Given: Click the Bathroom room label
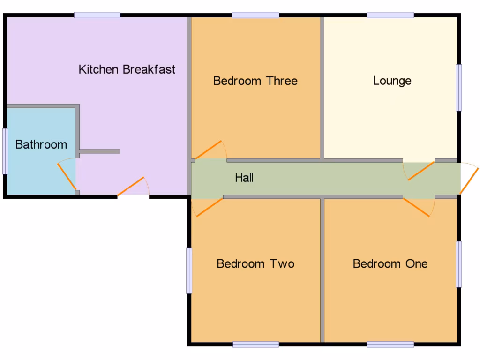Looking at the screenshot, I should point(41,144).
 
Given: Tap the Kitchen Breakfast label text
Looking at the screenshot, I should point(127,70).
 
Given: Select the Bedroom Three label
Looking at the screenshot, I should point(255,81).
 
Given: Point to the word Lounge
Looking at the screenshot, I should point(392,81).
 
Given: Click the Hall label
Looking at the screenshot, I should point(244,178).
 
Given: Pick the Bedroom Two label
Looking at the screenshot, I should point(255,263).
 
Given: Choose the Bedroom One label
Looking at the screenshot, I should point(390,263).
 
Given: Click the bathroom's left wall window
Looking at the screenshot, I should point(5,151).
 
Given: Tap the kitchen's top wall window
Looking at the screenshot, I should point(97,15).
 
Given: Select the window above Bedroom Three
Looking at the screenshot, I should point(255,15).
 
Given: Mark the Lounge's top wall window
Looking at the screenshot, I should point(390,15).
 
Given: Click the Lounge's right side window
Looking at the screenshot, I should point(459,88).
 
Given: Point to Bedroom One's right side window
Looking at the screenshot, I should point(459,264).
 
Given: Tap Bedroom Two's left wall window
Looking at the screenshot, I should point(189,270).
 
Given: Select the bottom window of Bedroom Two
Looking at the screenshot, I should point(255,345).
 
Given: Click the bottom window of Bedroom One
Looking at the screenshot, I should point(390,345).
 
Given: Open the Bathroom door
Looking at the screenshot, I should point(67,176).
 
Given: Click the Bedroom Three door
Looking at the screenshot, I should point(210,150).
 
